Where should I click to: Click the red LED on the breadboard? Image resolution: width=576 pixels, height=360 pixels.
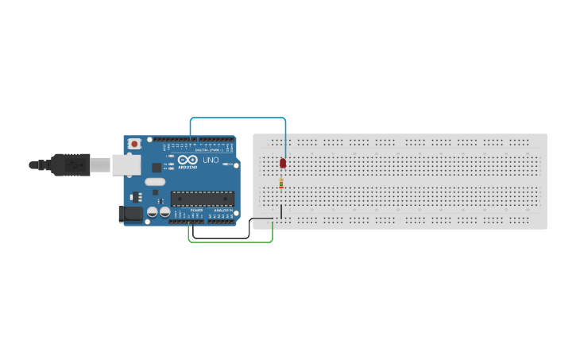[x=282, y=163]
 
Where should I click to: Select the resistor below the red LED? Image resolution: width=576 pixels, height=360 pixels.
[x=281, y=184]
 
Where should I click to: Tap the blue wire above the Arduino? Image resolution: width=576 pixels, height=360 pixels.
[x=238, y=118]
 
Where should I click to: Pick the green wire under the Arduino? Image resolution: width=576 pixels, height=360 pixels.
[x=230, y=242]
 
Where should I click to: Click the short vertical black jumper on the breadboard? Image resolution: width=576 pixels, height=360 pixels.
[x=281, y=211]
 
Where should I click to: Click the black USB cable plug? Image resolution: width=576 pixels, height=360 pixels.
[x=68, y=165]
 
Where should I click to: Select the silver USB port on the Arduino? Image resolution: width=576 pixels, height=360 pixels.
[x=125, y=165]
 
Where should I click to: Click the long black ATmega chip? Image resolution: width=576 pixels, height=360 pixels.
[x=203, y=199]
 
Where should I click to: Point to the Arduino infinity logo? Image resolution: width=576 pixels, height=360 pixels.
[x=187, y=160]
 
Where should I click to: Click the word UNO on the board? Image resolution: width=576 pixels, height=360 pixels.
[x=211, y=160]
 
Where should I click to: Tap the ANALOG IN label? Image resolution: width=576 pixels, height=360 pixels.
[x=222, y=211]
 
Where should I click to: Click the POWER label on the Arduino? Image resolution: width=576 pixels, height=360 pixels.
[x=196, y=211]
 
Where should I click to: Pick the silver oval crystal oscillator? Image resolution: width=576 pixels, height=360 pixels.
[x=155, y=182]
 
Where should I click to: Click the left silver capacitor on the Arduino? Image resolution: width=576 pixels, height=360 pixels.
[x=152, y=212]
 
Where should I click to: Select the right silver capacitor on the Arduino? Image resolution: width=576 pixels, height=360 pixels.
[x=164, y=212]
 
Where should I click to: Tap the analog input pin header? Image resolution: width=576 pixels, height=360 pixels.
[x=222, y=220]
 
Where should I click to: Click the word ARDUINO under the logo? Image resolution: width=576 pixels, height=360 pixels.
[x=187, y=167]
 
